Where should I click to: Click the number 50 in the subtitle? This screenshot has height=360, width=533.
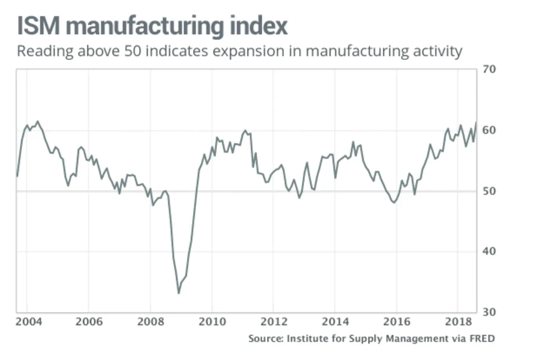[x=132, y=51]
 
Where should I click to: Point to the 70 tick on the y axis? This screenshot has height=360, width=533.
[x=489, y=69]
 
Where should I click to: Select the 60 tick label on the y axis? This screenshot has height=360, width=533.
[x=489, y=130]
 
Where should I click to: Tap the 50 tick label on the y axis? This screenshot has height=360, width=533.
[x=489, y=191]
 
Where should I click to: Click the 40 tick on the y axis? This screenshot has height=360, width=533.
[x=489, y=251]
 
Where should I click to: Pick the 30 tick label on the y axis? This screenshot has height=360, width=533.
[x=489, y=312]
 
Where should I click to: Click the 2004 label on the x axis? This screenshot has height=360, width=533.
[x=28, y=322]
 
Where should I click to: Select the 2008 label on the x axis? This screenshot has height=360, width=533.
[x=151, y=322]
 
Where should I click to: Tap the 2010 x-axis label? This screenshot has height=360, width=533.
[x=212, y=322]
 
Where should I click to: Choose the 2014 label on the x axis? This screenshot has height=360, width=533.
[x=335, y=322]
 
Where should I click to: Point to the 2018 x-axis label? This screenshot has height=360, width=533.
[x=458, y=322]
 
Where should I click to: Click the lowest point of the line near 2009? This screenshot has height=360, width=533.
[x=178, y=293]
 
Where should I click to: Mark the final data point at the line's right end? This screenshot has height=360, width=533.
[x=476, y=123]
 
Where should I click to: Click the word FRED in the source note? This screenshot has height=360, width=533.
[x=482, y=338]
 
